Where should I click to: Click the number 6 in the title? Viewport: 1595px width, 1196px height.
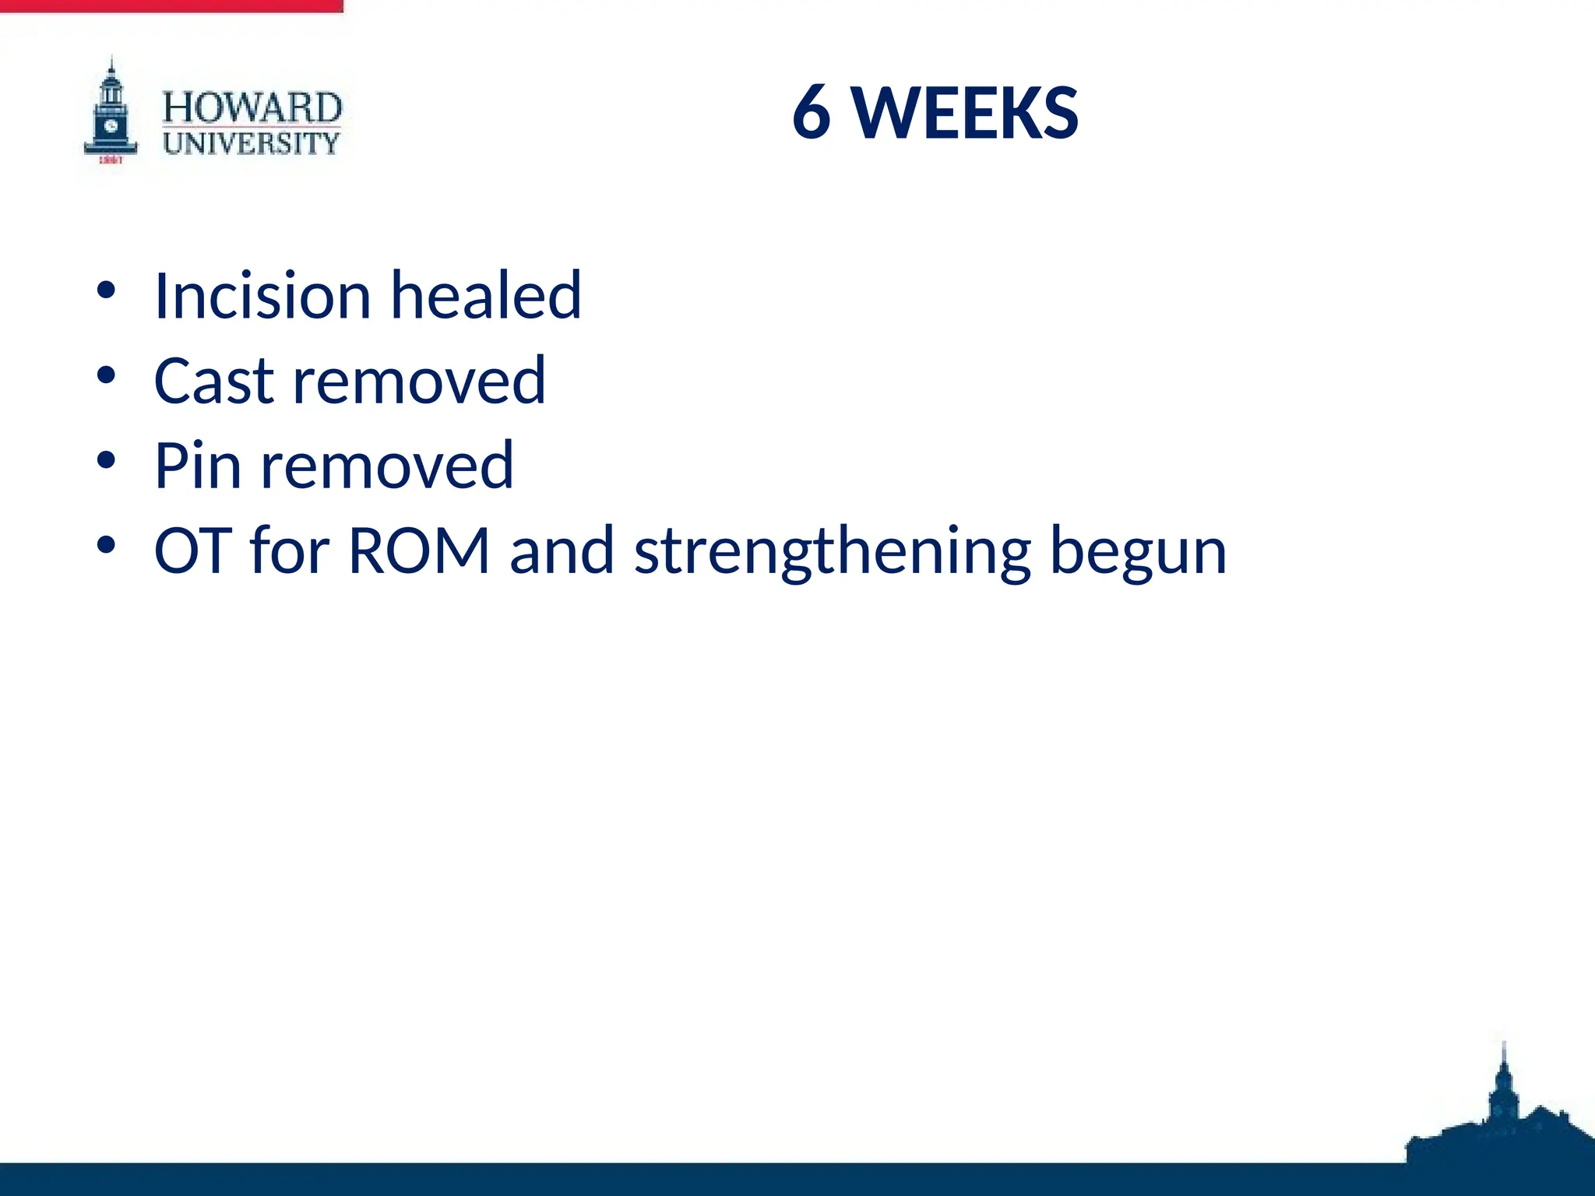click(812, 114)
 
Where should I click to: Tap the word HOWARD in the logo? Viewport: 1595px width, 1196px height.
click(252, 107)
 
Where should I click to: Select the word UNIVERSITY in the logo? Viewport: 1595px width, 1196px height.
click(252, 143)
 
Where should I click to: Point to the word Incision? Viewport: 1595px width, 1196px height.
click(262, 296)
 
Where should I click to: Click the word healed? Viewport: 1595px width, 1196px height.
click(485, 296)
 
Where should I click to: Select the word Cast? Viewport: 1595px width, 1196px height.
click(214, 381)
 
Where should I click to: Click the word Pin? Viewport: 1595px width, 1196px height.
click(197, 466)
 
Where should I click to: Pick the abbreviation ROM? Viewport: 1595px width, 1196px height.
click(418, 551)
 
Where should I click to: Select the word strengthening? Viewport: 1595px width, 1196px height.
click(833, 551)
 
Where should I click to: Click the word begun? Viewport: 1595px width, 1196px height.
click(1138, 551)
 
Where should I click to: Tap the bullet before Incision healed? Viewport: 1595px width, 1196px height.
click(107, 291)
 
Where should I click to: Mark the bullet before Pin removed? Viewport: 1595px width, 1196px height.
click(107, 461)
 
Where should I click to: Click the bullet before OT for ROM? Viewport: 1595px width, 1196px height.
click(107, 546)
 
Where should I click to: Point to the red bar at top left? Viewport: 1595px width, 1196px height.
click(171, 5)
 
